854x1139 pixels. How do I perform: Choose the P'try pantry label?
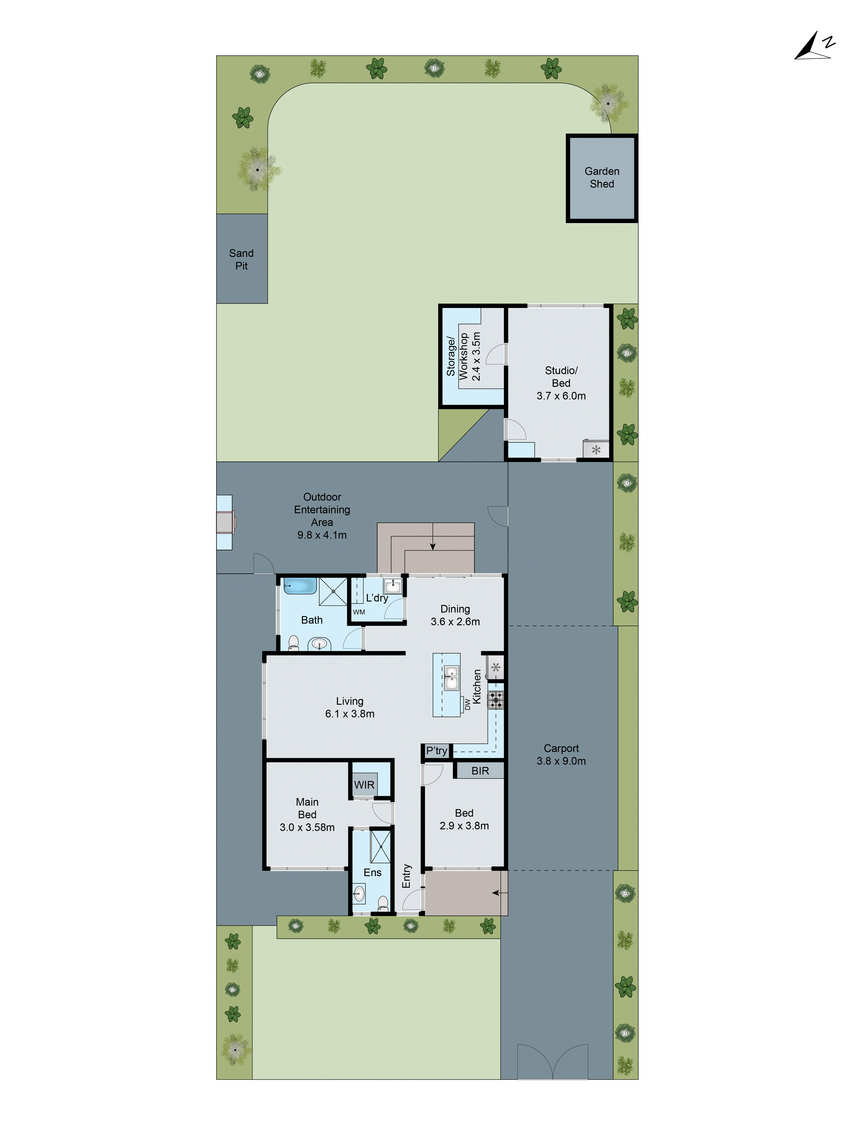pos(436,751)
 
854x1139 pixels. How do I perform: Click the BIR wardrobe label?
pos(480,771)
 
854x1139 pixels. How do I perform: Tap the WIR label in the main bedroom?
pos(364,785)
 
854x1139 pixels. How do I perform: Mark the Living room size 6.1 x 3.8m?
pos(350,714)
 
